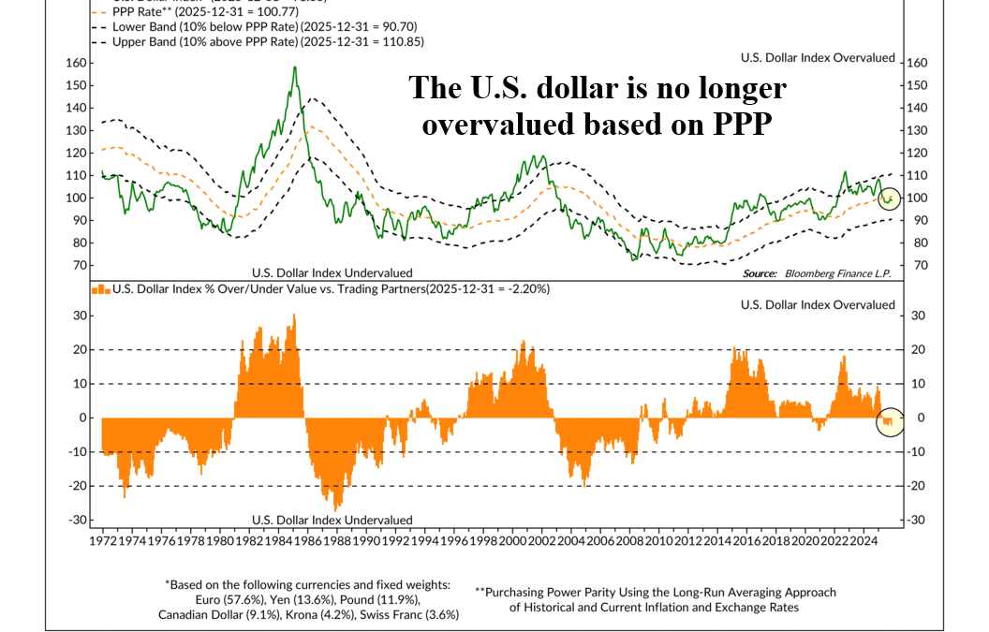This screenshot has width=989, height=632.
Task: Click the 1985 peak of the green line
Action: pos(295,67)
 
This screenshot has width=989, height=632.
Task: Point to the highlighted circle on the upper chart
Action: pos(890,198)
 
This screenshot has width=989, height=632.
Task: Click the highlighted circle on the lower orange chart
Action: pos(889,422)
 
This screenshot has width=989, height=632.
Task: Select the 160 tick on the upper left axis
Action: pos(76,63)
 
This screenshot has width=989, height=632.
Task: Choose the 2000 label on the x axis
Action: pos(512,541)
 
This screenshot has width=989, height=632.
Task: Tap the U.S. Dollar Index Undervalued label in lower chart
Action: pos(332,520)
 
